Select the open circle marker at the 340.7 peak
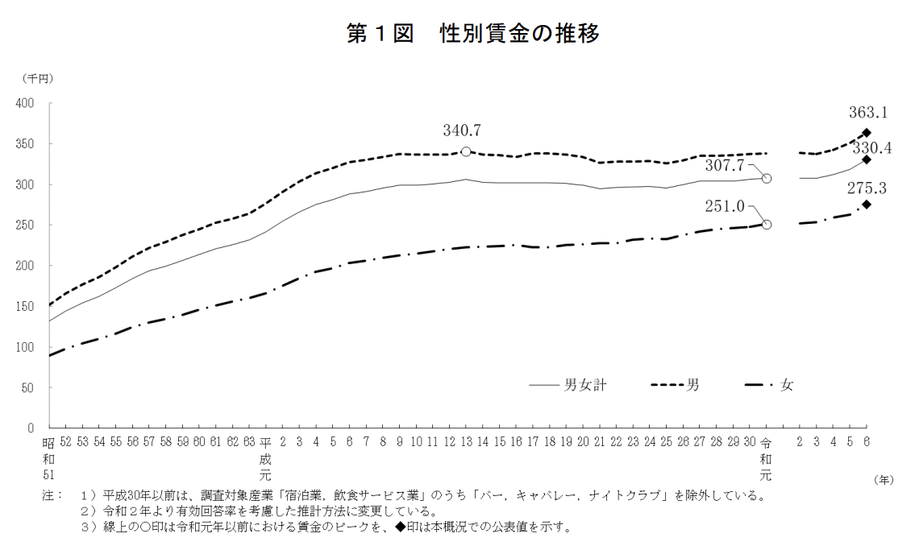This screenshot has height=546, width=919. (466, 151)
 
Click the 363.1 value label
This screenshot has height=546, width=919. (868, 114)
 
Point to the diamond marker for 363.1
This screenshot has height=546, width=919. (867, 133)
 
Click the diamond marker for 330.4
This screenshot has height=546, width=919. (867, 159)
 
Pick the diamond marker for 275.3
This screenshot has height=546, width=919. (867, 205)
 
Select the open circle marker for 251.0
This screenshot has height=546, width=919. (767, 225)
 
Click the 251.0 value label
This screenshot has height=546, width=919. (726, 206)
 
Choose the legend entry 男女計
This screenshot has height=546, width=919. (585, 385)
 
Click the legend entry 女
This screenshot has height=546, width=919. (787, 385)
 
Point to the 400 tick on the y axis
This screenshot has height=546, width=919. (25, 103)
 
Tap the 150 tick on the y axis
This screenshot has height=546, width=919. (25, 306)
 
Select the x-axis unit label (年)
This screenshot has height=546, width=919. (884, 479)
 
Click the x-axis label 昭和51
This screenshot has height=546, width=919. (49, 457)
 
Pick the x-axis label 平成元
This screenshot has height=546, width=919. (266, 457)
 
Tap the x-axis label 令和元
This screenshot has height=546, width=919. (766, 457)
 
